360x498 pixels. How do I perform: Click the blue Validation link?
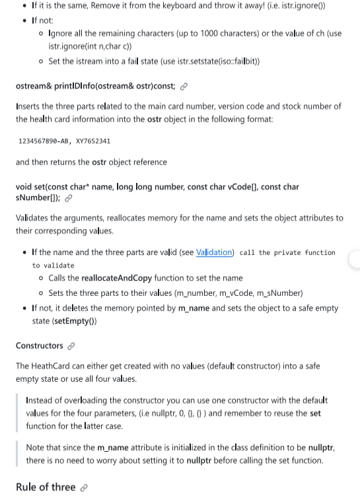[215, 252]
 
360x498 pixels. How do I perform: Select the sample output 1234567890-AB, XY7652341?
[65, 141]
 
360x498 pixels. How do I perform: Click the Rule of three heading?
[46, 487]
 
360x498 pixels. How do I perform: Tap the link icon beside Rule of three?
[84, 487]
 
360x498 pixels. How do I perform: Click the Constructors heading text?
[39, 345]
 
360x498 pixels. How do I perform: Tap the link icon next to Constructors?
[71, 346]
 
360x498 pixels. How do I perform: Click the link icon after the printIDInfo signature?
[184, 86]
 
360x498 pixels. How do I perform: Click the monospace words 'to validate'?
[54, 266]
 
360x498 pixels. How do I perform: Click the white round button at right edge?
[355, 258]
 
